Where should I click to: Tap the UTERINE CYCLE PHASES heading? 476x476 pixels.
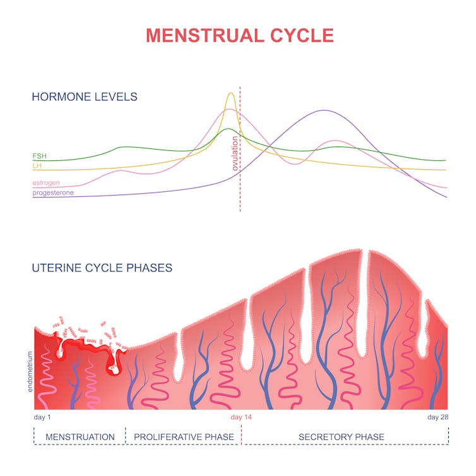tap(102, 268)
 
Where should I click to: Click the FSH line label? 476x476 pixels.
tap(39, 156)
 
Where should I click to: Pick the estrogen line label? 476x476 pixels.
tap(46, 183)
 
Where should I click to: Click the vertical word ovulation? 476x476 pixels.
tap(235, 153)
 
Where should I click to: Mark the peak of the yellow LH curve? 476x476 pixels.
tap(230, 93)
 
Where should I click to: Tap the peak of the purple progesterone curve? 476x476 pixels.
tap(324, 110)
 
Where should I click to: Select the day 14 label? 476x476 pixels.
tap(241, 417)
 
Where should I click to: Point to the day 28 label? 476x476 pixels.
tap(437, 417)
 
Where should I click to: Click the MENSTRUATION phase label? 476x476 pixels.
tap(80, 437)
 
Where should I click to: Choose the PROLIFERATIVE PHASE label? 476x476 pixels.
tap(184, 437)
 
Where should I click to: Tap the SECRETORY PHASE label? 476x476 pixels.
tap(341, 437)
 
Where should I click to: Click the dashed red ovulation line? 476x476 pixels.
tap(240, 189)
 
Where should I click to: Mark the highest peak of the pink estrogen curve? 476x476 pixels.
tap(227, 109)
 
